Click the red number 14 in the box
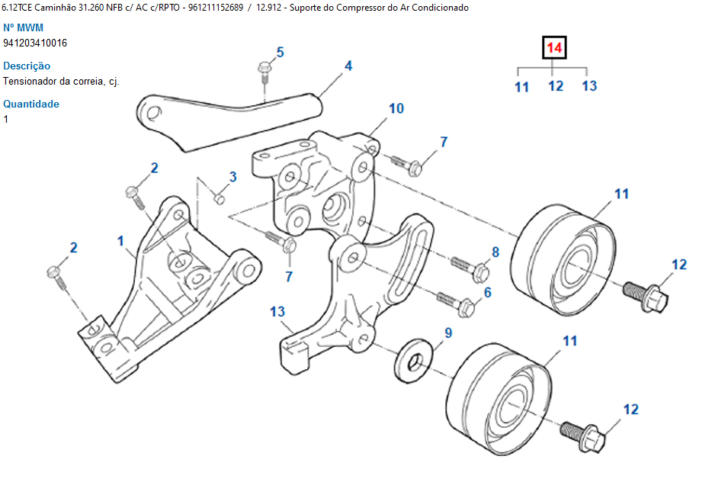tap(554, 49)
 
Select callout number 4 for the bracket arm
tap(348, 66)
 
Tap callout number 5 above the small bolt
tap(280, 52)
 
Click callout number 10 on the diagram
tap(396, 108)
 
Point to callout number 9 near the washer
tap(448, 333)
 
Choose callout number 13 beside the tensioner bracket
tap(277, 311)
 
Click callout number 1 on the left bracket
tap(120, 241)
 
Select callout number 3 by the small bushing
tap(233, 176)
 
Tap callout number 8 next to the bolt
tap(495, 251)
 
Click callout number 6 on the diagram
tap(487, 292)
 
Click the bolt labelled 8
tap(469, 268)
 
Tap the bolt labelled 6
tap(457, 303)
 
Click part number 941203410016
tap(35, 43)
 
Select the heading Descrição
tap(27, 66)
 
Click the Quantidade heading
tap(31, 104)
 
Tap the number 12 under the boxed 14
tap(556, 86)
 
